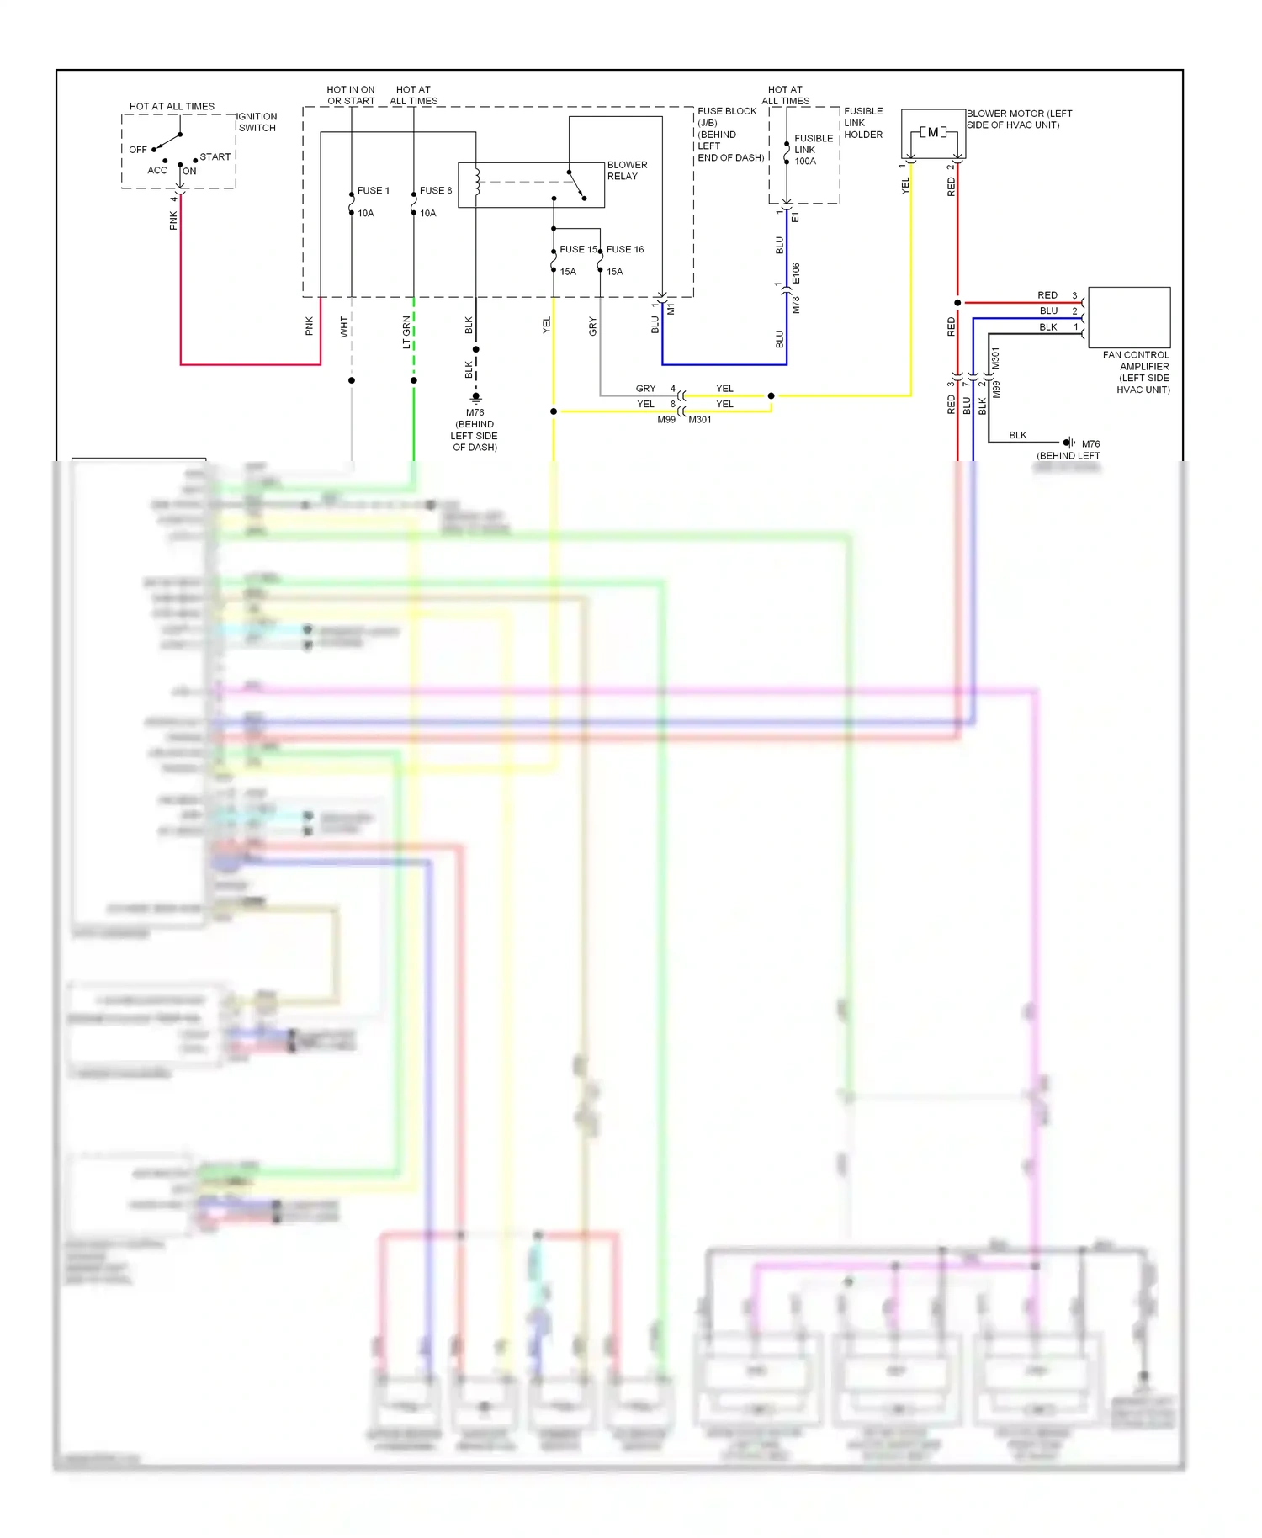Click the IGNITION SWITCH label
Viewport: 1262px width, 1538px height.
pos(257,122)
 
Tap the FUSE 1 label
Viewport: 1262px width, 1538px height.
pos(373,191)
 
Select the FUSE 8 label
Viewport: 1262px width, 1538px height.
pos(435,191)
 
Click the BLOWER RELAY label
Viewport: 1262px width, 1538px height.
pos(627,171)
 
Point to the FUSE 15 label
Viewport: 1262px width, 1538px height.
pos(577,250)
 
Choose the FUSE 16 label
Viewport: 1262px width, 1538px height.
pos(624,250)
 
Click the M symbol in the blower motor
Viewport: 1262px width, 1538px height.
pos(932,133)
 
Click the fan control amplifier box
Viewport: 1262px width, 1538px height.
pos(1128,316)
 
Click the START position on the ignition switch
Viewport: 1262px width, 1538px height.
pos(215,157)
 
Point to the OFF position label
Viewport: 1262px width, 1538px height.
pos(138,150)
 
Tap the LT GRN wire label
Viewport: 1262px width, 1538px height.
pos(407,332)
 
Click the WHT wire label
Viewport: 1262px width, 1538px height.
pos(344,326)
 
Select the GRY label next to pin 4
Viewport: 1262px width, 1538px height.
pos(645,389)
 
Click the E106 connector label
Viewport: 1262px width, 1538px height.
pos(796,273)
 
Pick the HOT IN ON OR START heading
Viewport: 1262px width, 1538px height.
pos(351,95)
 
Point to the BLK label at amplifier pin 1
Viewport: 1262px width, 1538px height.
pos(1047,327)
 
